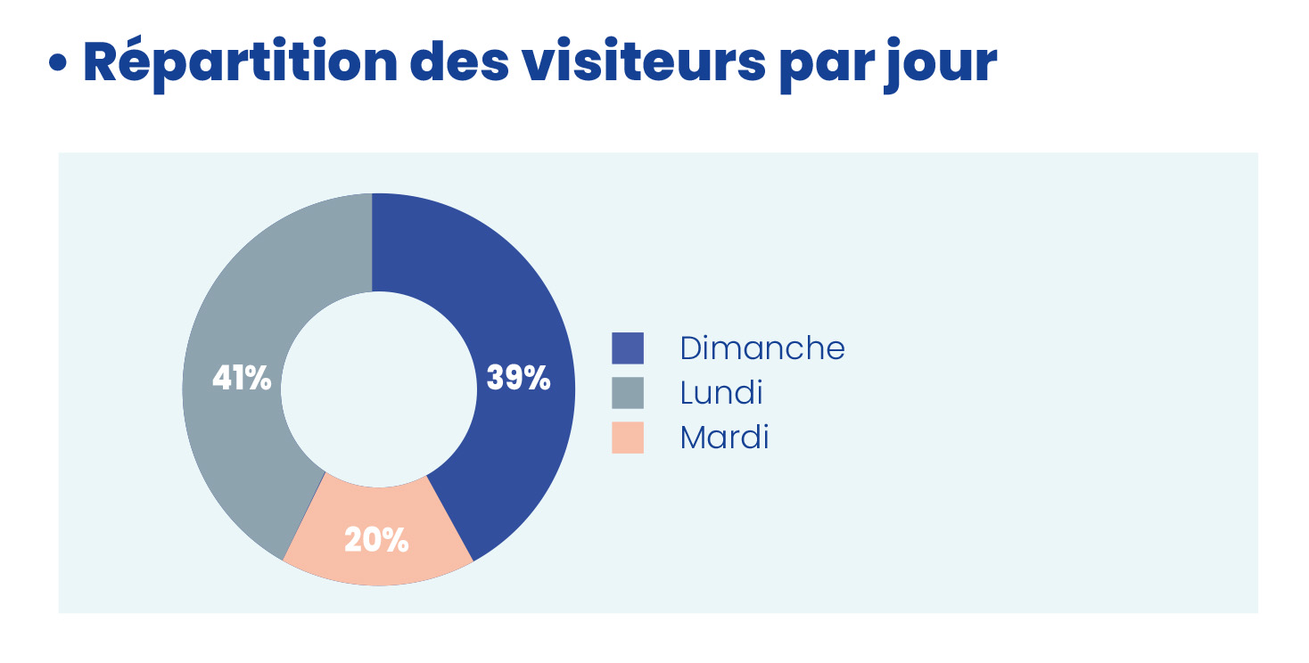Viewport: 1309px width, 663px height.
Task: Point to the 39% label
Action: tap(518, 379)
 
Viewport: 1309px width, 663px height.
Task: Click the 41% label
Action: tap(242, 379)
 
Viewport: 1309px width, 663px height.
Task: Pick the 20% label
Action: tap(376, 540)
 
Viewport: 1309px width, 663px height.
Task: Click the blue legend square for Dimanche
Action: tap(627, 348)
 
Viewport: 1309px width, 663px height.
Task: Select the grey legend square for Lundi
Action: tap(627, 393)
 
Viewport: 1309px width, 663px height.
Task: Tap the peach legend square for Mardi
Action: tap(627, 438)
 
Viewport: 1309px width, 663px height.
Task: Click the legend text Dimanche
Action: tap(762, 348)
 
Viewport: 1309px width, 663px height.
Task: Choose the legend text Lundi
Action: tap(720, 393)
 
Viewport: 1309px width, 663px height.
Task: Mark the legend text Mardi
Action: tap(723, 438)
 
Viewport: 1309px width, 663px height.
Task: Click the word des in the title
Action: tap(457, 62)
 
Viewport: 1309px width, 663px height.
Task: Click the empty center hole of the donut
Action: tap(378, 389)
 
